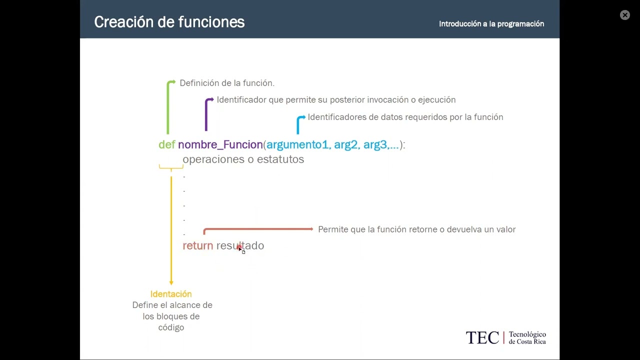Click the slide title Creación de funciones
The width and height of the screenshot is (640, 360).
pos(169,22)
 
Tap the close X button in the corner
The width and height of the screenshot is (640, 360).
pos(624,15)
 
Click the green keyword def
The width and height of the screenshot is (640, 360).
pos(166,145)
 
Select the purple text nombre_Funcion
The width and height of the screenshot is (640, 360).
pos(220,145)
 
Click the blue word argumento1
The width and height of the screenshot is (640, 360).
pos(297,145)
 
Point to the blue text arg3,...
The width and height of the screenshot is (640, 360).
pos(376,145)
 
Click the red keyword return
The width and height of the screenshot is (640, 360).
pos(197,245)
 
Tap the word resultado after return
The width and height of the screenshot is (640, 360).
pos(240,245)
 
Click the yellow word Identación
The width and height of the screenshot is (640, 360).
pos(171,294)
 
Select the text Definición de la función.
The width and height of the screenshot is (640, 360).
pos(227,83)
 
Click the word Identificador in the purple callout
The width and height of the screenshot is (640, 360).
pos(241,100)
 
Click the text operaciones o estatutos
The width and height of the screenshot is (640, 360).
pos(243,159)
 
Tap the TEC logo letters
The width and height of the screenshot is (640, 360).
pos(482,338)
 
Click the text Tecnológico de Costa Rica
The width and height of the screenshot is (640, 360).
pos(527,338)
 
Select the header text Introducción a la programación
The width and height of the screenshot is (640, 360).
pos(491,23)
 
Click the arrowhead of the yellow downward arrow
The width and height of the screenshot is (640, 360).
pos(171,283)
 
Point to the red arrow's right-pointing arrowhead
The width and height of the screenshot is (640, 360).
pos(311,229)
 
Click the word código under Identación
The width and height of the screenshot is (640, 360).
pos(171,327)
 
